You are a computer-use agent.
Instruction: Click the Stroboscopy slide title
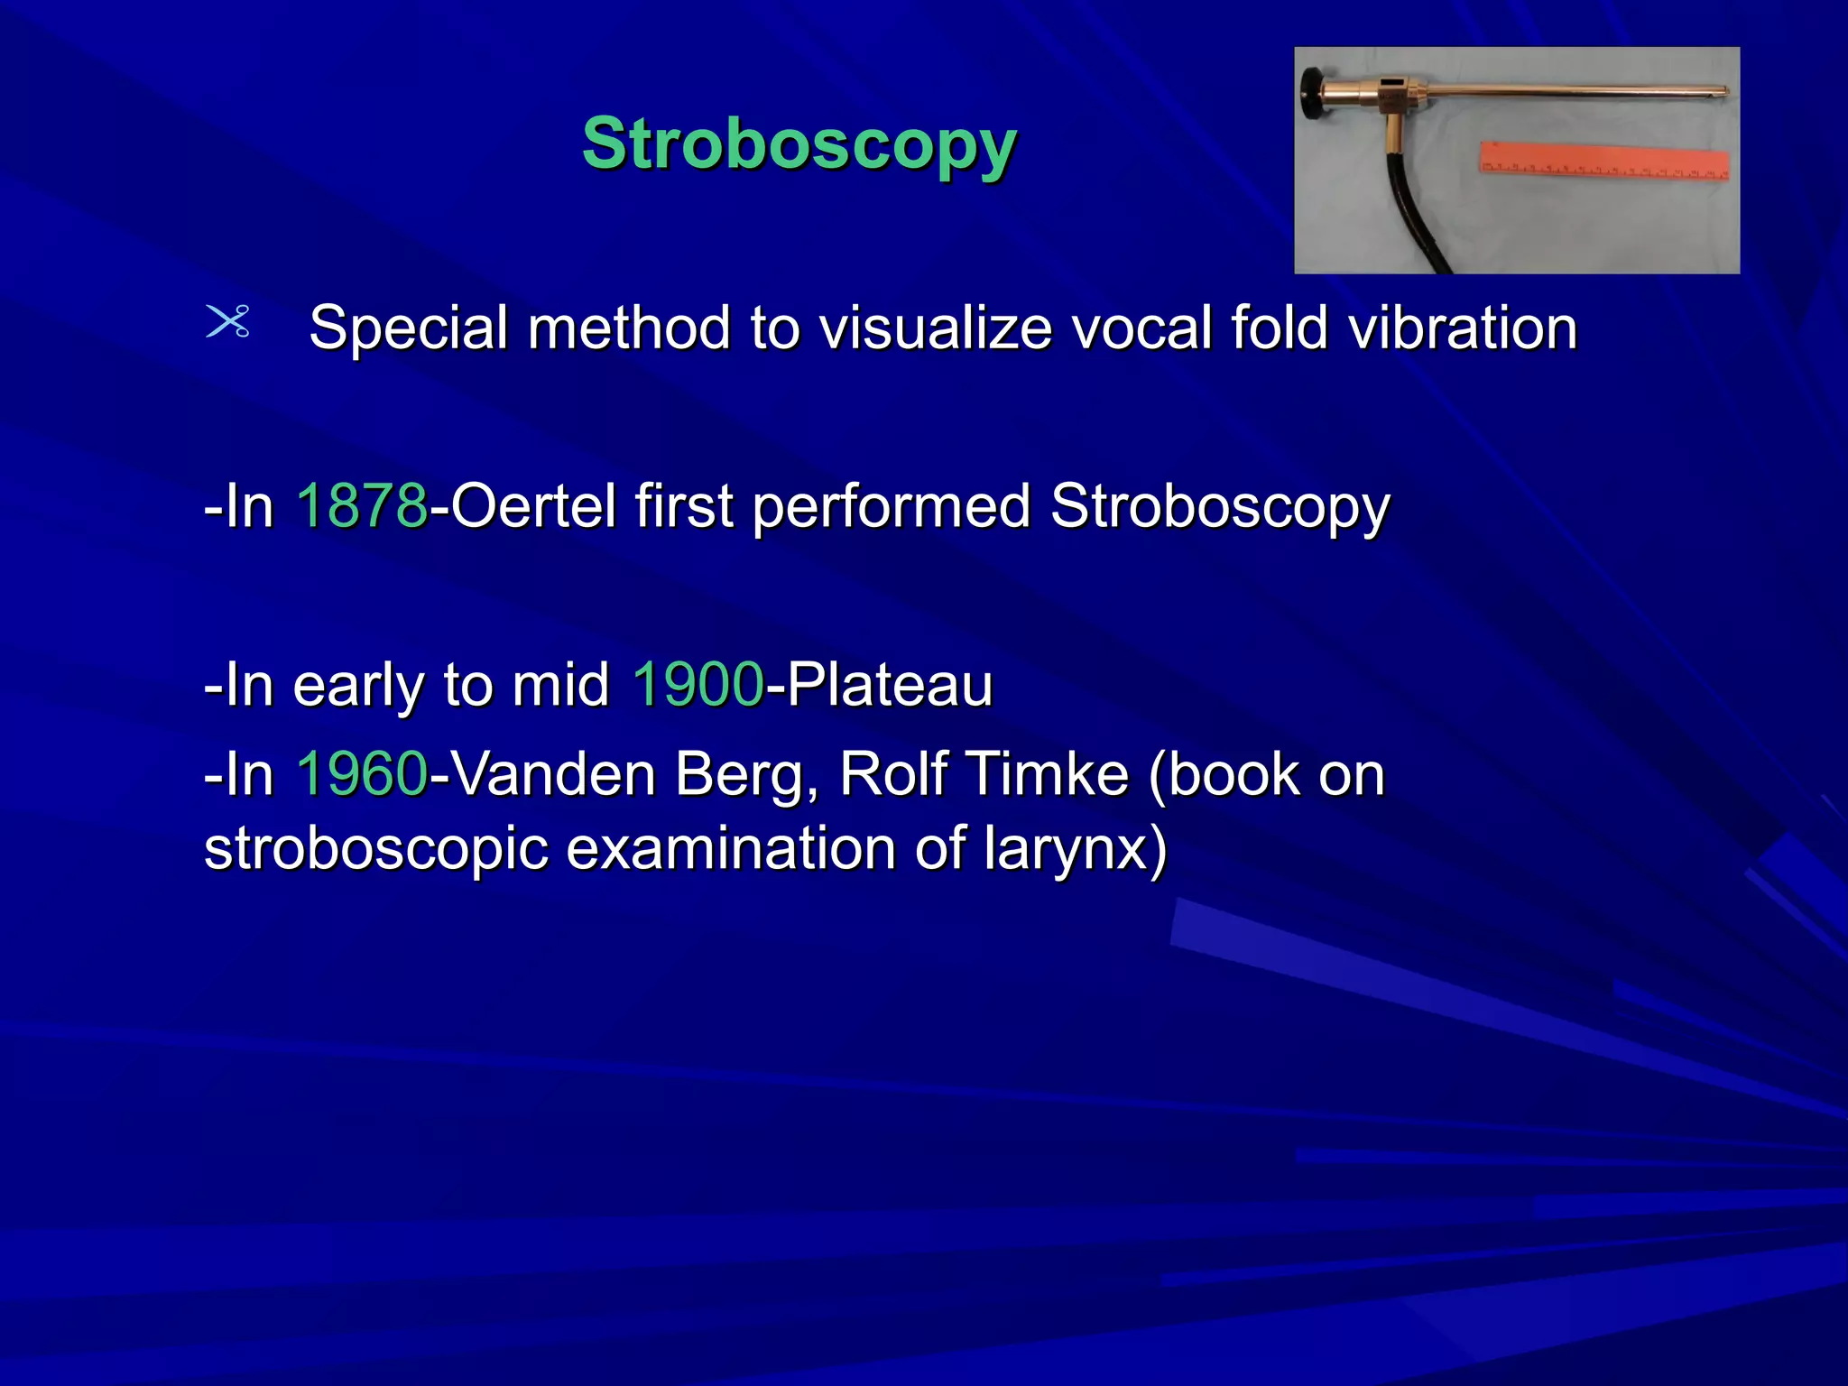[x=799, y=144]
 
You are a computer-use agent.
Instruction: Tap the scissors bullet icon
[x=227, y=322]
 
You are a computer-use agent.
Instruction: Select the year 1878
[x=361, y=506]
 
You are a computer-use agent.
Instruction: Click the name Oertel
[x=532, y=506]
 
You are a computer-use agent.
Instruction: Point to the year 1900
[x=698, y=686]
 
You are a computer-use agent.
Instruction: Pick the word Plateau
[x=890, y=686]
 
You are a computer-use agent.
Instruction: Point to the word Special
[x=408, y=328]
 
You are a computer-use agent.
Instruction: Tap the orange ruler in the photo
[x=1604, y=162]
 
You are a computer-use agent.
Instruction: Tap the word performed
[x=891, y=506]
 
